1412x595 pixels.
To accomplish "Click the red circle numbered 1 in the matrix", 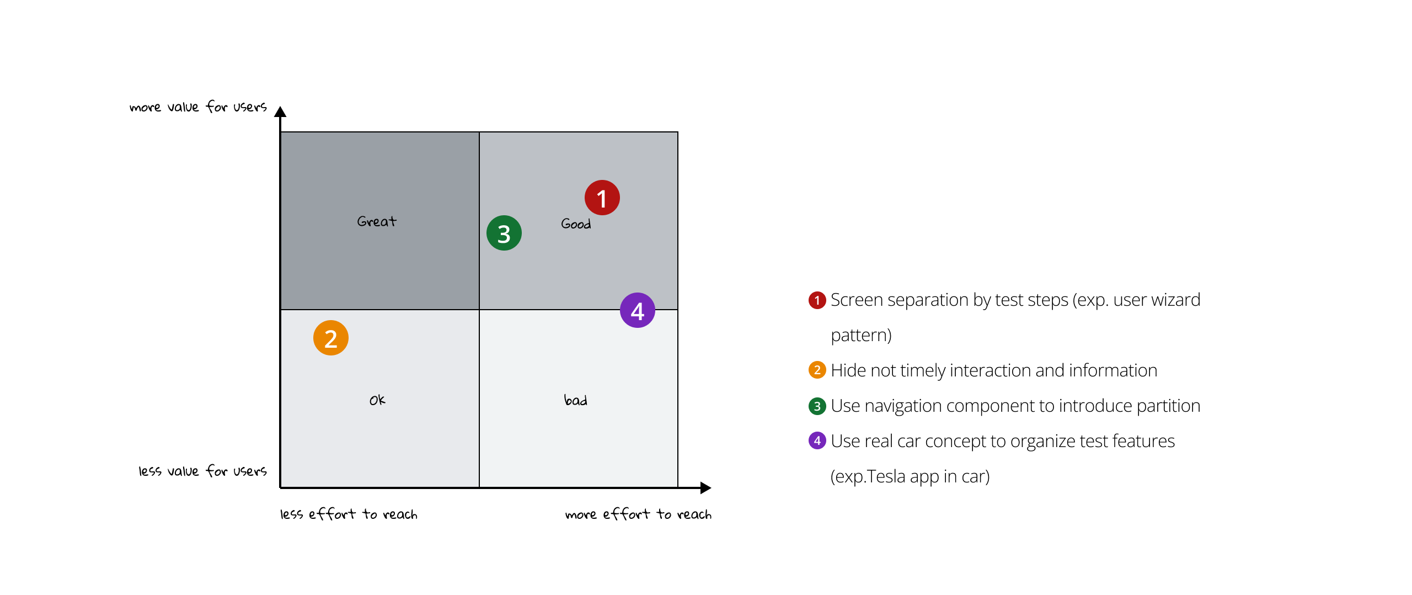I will click(602, 198).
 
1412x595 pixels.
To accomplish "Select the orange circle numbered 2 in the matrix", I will click(330, 338).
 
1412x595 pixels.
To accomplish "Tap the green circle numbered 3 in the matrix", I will click(504, 233).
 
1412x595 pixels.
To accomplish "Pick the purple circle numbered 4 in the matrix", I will click(637, 310).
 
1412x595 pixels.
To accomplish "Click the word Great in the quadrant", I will click(377, 221).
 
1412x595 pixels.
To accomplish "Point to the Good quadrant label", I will click(576, 224).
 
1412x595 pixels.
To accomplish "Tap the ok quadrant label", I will click(377, 400).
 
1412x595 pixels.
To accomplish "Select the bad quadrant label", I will click(575, 400).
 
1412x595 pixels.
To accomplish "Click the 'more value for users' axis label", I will click(198, 107).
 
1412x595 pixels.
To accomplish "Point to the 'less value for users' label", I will click(202, 471).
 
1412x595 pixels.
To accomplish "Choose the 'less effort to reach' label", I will click(349, 514).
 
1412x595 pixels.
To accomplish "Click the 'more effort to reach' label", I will click(638, 514).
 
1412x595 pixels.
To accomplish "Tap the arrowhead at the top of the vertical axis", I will click(280, 111).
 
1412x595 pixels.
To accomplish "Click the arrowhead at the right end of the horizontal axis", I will click(705, 487).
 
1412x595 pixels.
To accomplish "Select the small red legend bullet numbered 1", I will click(817, 300).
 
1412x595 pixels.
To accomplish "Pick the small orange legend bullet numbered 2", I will click(817, 370).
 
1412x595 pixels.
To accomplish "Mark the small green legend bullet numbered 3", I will click(817, 406).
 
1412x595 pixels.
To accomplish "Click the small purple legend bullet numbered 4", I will click(817, 440).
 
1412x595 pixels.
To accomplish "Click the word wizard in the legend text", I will click(1177, 300).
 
